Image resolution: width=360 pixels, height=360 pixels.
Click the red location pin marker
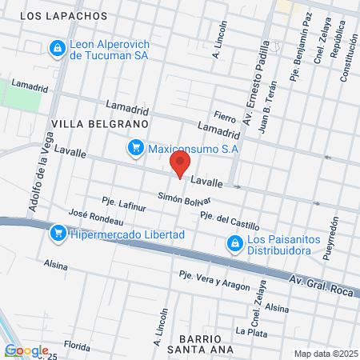(178, 166)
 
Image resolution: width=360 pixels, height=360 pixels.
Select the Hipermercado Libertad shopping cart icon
(58, 234)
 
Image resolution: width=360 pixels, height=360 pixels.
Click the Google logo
(26, 350)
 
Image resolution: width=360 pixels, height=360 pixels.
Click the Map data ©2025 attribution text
(324, 354)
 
